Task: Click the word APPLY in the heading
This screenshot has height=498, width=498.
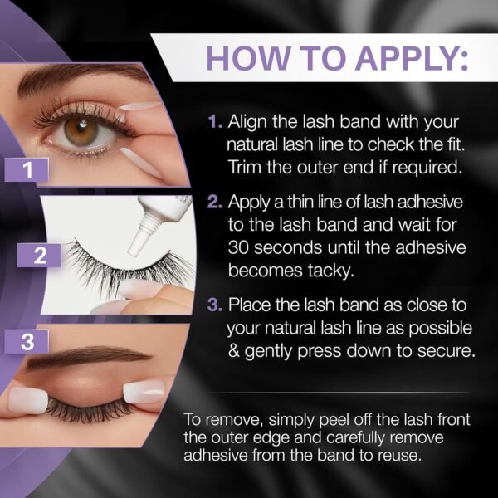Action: click(x=412, y=59)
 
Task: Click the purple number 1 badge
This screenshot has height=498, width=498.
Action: click(x=27, y=169)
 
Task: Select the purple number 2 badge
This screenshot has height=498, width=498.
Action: click(x=39, y=255)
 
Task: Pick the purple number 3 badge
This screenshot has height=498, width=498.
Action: click(x=27, y=341)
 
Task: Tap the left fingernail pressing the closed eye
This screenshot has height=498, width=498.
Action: click(x=28, y=401)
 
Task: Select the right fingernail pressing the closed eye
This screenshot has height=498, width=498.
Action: click(x=144, y=393)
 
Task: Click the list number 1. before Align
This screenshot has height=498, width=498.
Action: click(x=215, y=122)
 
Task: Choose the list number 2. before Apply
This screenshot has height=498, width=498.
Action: click(x=215, y=202)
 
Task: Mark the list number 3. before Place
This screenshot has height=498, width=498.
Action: click(x=215, y=305)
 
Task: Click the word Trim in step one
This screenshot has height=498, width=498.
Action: click(x=245, y=167)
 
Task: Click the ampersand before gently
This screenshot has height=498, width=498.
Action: click(x=234, y=351)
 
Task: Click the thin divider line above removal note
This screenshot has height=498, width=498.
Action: click(x=339, y=393)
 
